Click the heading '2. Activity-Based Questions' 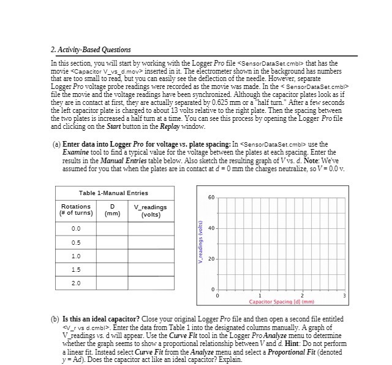tap(91, 50)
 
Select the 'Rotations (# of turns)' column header tap(75, 210)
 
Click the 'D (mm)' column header tap(111, 210)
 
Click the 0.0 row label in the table tap(75, 228)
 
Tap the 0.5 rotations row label tap(75, 242)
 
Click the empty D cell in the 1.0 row tap(111, 255)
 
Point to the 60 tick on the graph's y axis tap(211, 197)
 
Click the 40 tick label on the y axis tap(211, 228)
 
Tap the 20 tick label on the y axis tap(211, 259)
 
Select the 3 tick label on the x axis tap(344, 296)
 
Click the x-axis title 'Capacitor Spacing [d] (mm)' tap(281, 302)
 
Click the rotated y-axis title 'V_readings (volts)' tap(200, 243)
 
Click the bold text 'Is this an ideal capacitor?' tap(100, 320)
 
